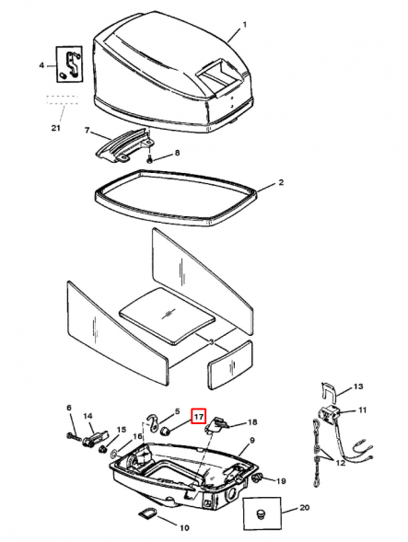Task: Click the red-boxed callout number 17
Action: click(x=198, y=417)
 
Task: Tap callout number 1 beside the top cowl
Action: click(x=245, y=25)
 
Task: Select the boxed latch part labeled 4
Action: click(x=70, y=63)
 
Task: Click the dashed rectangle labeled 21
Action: click(x=63, y=99)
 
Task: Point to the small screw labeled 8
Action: click(x=149, y=160)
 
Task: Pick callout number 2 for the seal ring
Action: click(x=281, y=182)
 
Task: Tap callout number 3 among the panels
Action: click(x=212, y=342)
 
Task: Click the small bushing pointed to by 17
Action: click(x=167, y=431)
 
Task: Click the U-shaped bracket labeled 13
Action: click(x=329, y=393)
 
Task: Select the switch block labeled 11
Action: click(x=329, y=413)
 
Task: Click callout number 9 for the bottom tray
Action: click(x=252, y=440)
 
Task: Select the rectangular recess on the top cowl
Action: click(x=214, y=74)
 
